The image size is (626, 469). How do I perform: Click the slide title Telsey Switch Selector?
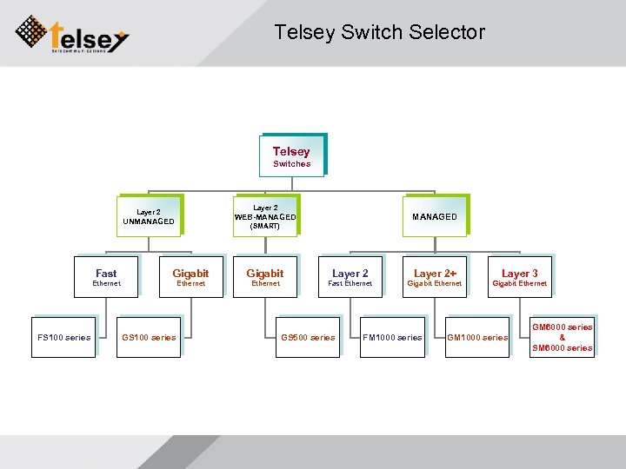(x=379, y=33)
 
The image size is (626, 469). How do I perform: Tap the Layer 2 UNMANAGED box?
(x=149, y=215)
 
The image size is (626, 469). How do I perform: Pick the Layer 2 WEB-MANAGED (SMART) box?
(x=265, y=216)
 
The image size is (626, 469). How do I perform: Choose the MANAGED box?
(x=434, y=216)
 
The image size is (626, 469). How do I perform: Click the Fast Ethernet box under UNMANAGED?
(x=106, y=277)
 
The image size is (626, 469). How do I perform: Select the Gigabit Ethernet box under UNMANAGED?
(x=190, y=277)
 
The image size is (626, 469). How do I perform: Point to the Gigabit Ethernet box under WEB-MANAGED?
(x=265, y=277)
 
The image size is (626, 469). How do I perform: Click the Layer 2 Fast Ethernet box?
(x=350, y=277)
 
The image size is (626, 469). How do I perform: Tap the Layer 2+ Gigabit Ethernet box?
(x=435, y=277)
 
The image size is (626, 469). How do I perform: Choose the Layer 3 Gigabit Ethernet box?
(x=519, y=277)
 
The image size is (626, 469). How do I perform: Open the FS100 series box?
(x=63, y=337)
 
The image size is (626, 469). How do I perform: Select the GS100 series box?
(x=149, y=337)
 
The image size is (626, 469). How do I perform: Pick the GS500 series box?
(x=308, y=337)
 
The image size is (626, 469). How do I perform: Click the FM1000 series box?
(x=392, y=337)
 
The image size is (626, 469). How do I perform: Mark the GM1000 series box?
(x=477, y=337)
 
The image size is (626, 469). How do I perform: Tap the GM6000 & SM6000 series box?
(x=562, y=337)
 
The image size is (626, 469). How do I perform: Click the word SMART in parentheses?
(x=265, y=226)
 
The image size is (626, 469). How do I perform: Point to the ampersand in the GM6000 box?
(x=562, y=337)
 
